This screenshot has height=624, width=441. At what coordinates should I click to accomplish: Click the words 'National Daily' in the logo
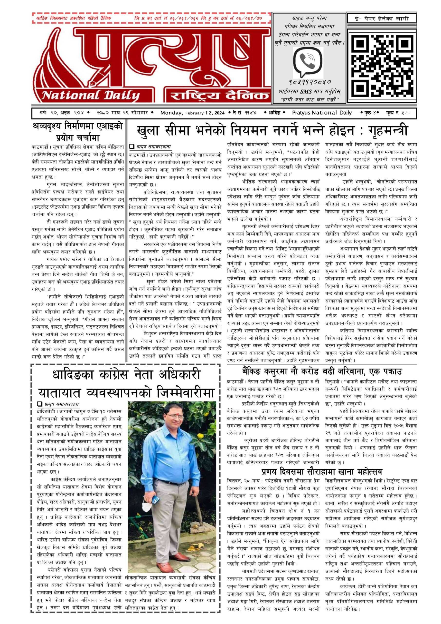point(90,95)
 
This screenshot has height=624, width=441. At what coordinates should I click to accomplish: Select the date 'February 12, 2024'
point(205,113)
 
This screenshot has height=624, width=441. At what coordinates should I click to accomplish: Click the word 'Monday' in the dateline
point(171,113)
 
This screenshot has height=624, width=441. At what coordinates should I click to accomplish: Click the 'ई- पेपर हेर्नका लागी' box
point(382,19)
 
